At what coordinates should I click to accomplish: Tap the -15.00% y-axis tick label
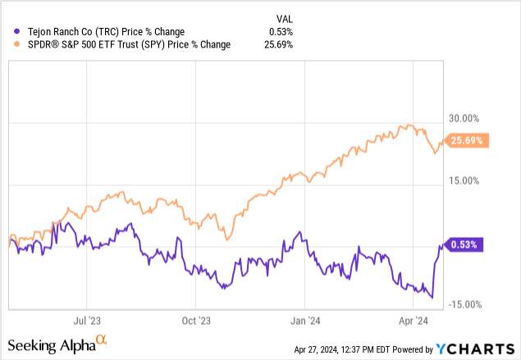tap(464, 304)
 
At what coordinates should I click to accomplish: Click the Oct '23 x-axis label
tap(195, 321)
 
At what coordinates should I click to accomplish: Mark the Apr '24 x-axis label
tap(413, 321)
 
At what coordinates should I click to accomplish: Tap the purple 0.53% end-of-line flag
tap(466, 244)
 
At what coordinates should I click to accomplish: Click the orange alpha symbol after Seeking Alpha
tap(102, 339)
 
